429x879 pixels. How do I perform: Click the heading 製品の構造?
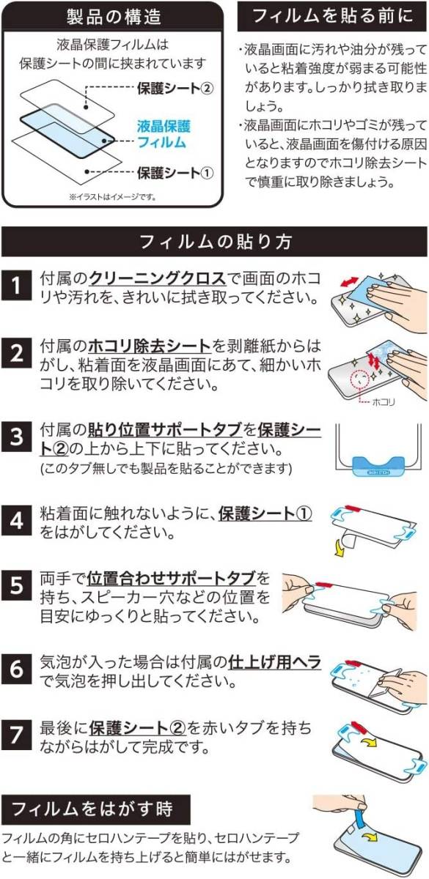pos(114,18)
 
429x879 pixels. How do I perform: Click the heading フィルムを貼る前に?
pos(333,16)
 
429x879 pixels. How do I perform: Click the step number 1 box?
pos(16,285)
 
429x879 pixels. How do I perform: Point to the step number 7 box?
pos(16,734)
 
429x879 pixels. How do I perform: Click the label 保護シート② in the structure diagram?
pos(175,89)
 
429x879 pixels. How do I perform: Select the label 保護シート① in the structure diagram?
pos(175,173)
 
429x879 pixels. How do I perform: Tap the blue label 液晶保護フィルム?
pos(164,134)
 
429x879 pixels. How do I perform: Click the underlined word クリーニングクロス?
pos(158,279)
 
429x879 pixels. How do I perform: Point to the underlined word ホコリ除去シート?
pos(150,346)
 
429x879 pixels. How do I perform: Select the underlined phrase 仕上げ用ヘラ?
pos(274,662)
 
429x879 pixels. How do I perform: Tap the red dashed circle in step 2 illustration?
pos(362,379)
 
